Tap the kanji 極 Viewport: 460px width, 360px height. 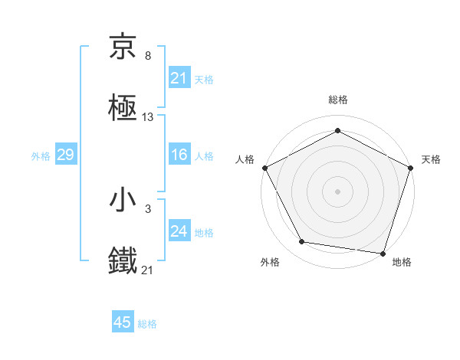[x=123, y=108]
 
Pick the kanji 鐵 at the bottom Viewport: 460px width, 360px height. [x=123, y=261]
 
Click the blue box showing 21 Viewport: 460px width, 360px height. [x=179, y=78]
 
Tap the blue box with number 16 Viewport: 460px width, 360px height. [x=179, y=155]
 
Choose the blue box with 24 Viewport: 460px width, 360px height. [x=179, y=231]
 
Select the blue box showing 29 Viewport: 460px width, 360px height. [x=65, y=155]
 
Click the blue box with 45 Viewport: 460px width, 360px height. [x=123, y=322]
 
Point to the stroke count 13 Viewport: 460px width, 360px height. [x=148, y=117]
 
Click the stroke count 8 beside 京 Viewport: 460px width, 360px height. [x=147, y=56]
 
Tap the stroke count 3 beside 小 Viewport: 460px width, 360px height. [x=147, y=209]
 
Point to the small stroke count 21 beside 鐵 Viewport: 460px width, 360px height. [x=148, y=270]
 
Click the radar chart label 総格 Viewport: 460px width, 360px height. [x=338, y=100]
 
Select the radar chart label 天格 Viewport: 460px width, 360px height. [x=431, y=159]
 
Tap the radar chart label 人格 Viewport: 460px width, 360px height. [x=245, y=159]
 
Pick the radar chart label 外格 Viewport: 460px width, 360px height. [x=270, y=262]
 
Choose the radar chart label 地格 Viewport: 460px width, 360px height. [x=402, y=262]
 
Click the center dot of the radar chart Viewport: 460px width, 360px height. [x=338, y=191]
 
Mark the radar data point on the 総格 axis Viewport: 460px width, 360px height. [x=338, y=130]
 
